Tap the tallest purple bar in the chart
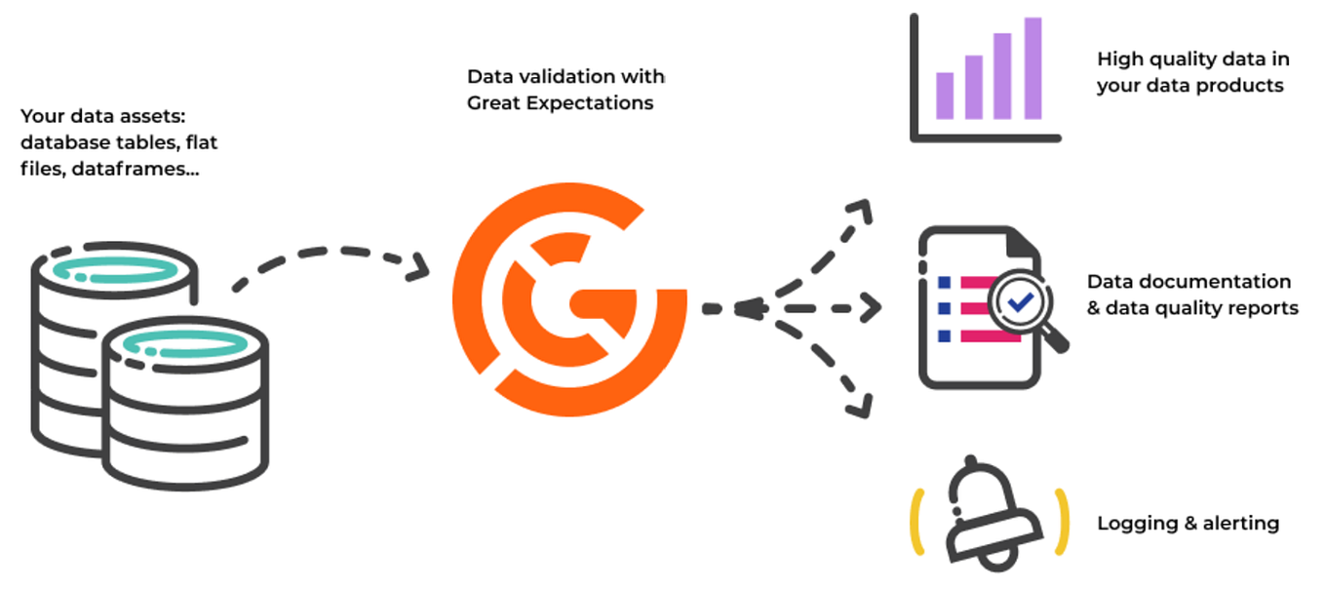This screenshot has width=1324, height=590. pyautogui.click(x=1032, y=68)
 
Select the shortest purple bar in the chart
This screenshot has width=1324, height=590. pyautogui.click(x=944, y=95)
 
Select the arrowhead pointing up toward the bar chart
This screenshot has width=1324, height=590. pyautogui.click(x=860, y=210)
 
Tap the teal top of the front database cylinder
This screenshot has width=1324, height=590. pyautogui.click(x=182, y=343)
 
